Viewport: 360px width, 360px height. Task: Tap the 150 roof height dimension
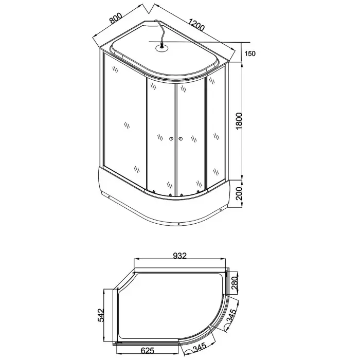(x=250, y=53)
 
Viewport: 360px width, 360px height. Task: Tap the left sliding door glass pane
(x=161, y=136)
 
